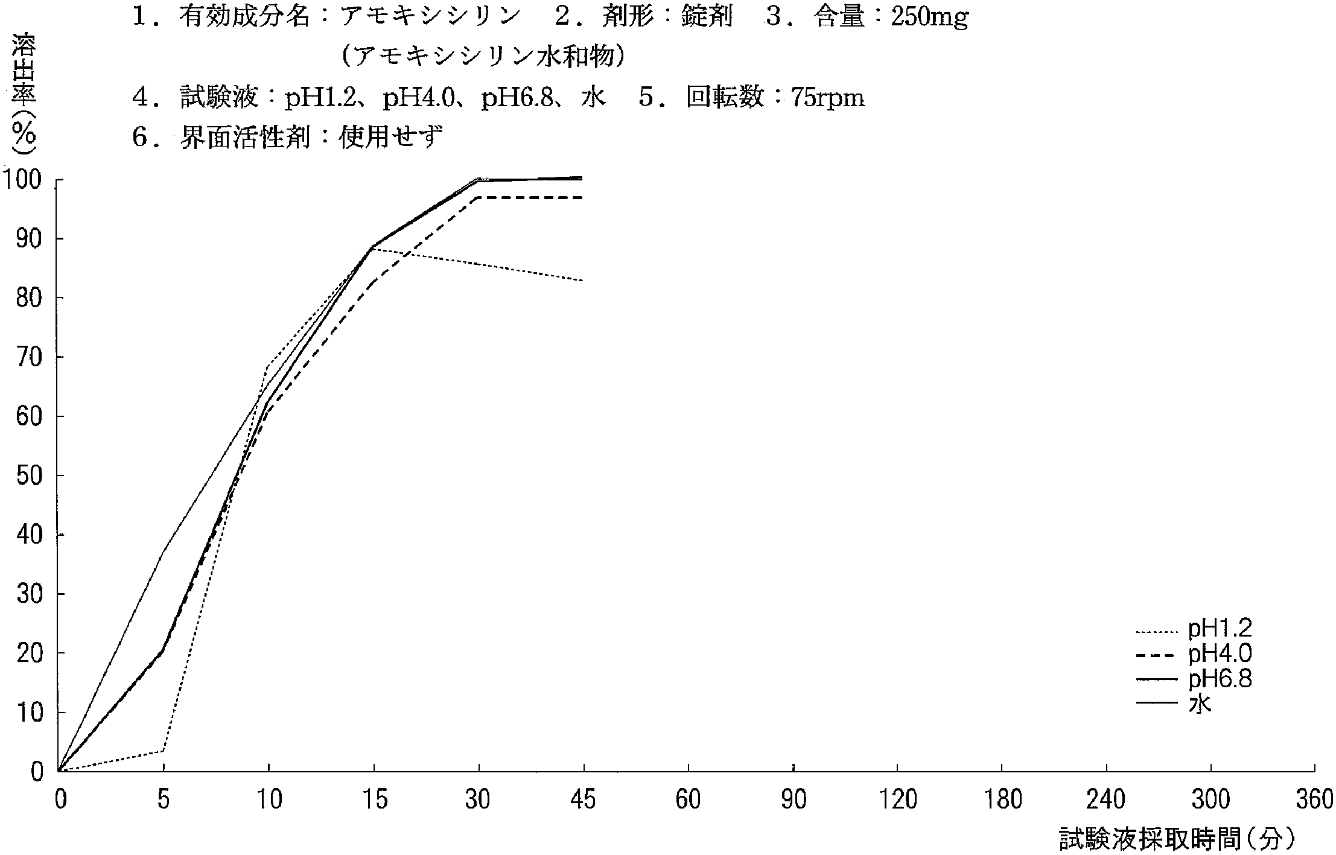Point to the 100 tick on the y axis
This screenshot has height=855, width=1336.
[x=23, y=180]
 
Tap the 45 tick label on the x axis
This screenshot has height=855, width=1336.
[x=583, y=800]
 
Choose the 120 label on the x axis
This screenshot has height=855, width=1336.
[x=897, y=800]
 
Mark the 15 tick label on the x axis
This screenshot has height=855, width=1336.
[x=374, y=800]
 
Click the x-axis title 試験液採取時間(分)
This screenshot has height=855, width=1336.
[x=1177, y=839]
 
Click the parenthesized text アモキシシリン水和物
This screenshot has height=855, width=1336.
[x=483, y=57]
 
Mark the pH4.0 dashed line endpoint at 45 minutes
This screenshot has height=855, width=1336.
[x=583, y=198]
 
